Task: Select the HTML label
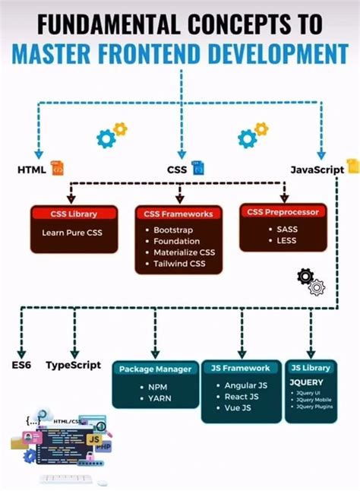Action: point(31,169)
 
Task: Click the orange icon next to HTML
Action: point(57,168)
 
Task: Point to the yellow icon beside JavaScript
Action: point(352,166)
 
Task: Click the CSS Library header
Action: point(74,214)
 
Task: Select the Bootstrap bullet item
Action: point(175,230)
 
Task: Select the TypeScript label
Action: point(74,364)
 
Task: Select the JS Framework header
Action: point(241,368)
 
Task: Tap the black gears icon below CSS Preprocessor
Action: point(311,280)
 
